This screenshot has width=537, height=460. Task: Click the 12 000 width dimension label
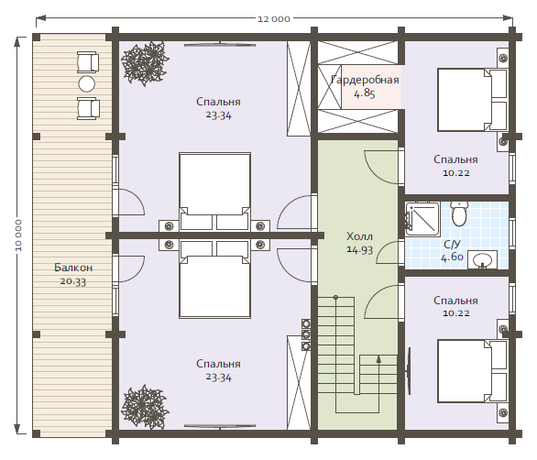click(274, 19)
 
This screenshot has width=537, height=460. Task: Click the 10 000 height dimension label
click(18, 235)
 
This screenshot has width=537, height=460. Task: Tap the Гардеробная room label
click(365, 80)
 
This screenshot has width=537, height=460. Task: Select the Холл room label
click(359, 236)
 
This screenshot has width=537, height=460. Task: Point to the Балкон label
click(73, 268)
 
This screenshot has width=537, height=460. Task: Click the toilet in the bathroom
click(459, 214)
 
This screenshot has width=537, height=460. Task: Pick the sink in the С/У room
click(482, 259)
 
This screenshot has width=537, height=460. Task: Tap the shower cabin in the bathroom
click(422, 219)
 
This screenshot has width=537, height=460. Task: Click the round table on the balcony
click(87, 83)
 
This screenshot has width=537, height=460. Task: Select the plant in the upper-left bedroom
click(145, 62)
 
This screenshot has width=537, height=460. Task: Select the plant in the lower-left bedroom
click(145, 407)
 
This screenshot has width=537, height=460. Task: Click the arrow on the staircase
click(378, 376)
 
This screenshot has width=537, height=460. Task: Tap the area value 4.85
click(365, 93)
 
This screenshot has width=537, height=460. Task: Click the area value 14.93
click(359, 249)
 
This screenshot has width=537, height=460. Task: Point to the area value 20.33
click(73, 281)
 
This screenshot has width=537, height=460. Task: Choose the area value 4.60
click(452, 257)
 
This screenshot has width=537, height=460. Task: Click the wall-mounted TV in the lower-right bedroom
click(408, 371)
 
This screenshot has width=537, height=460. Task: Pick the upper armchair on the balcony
click(88, 62)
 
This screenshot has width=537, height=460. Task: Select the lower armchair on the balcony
click(88, 108)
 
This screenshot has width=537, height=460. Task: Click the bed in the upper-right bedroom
click(472, 100)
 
